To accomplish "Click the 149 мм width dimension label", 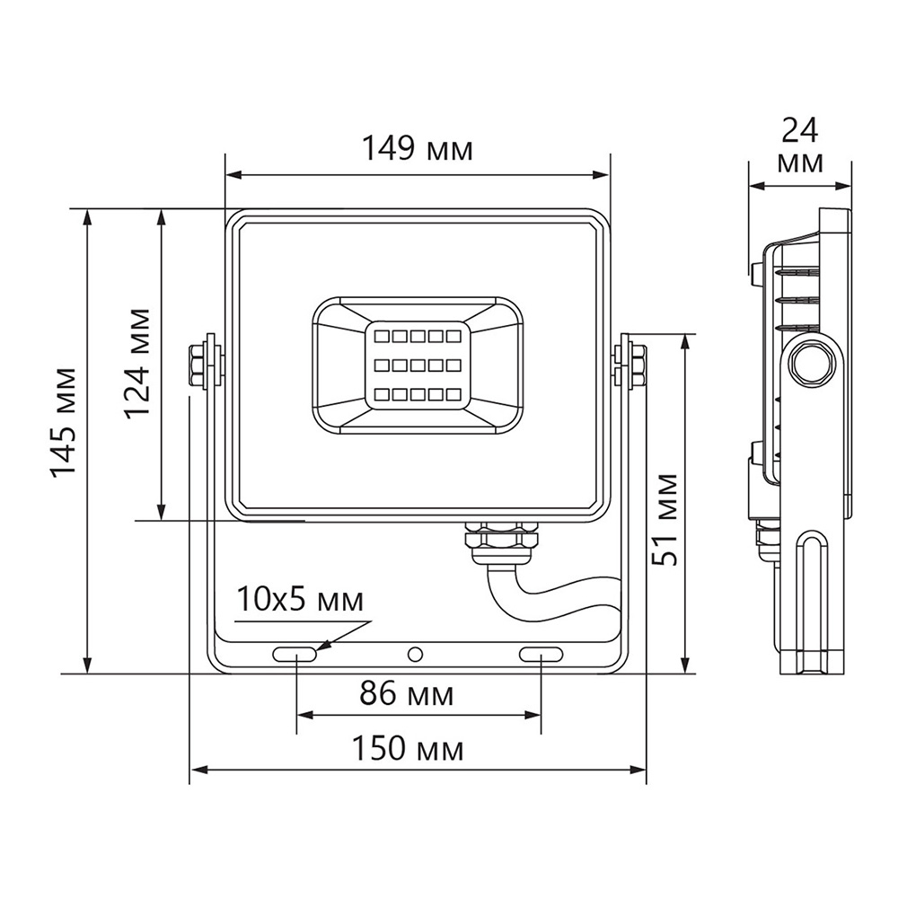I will pyautogui.click(x=417, y=148).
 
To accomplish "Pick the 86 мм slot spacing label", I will pyautogui.click(x=407, y=693).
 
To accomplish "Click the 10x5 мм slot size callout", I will pyautogui.click(x=301, y=600).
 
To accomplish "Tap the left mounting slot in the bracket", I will pyautogui.click(x=295, y=655).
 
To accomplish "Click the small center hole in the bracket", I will pyautogui.click(x=414, y=655).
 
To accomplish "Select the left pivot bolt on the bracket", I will pyautogui.click(x=200, y=361).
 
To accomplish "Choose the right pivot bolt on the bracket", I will pyautogui.click(x=632, y=361).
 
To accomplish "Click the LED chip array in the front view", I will pyautogui.click(x=416, y=365).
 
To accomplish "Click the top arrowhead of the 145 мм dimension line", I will pyautogui.click(x=87, y=216).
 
